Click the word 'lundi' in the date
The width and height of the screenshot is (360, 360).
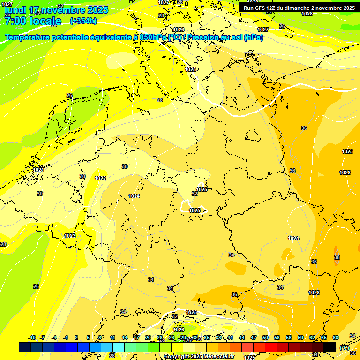[15, 10]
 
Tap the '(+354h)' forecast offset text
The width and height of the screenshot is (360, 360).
[83, 21]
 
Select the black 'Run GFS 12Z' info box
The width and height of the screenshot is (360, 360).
[299, 8]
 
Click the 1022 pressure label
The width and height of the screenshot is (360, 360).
[100, 178]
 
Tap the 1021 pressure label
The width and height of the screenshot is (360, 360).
[38, 170]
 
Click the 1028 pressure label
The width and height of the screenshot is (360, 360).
[307, 14]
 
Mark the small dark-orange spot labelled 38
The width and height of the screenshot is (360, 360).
[337, 257]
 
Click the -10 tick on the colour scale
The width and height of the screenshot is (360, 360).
[32, 337]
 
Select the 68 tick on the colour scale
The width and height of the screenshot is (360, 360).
[336, 337]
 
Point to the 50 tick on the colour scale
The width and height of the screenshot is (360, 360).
[265, 337]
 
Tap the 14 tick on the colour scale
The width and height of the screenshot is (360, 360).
[125, 337]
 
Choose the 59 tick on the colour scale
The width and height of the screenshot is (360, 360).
[300, 337]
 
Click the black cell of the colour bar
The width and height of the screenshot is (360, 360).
[330, 347]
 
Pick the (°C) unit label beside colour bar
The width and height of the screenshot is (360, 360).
[344, 347]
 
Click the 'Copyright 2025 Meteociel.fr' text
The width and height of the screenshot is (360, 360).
[198, 356]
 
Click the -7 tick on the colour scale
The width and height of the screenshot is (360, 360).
[42, 337]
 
